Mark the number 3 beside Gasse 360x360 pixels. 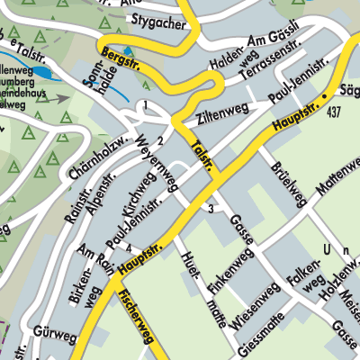pyautogui.click(x=211, y=209)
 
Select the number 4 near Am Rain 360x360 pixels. pyautogui.click(x=129, y=247)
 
